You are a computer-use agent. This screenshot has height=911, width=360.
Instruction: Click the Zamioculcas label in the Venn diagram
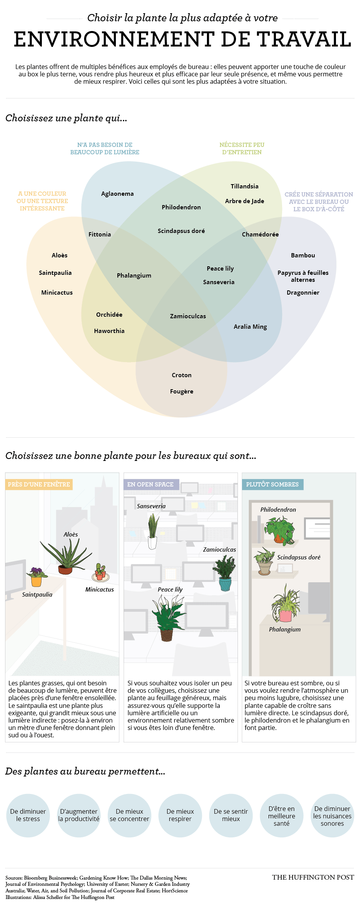(x=188, y=316)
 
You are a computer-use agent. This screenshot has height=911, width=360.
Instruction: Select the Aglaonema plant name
(x=117, y=194)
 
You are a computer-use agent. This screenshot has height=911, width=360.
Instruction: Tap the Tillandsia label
(x=245, y=186)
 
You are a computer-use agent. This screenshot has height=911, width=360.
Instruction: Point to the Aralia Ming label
(x=250, y=327)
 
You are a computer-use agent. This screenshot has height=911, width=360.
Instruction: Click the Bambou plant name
(x=303, y=255)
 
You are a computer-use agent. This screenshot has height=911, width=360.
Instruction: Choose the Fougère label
(x=182, y=392)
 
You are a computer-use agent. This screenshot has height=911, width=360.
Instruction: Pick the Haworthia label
(x=109, y=331)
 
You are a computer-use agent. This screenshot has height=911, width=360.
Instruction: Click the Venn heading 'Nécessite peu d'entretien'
(x=242, y=148)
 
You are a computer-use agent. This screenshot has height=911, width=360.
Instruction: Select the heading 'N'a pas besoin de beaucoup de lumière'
(x=105, y=148)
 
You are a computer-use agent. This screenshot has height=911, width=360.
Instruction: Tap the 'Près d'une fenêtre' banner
(x=39, y=485)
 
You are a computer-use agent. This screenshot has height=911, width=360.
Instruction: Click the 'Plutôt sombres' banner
(x=272, y=485)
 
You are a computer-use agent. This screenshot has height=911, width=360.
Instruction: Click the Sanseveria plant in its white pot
(x=153, y=531)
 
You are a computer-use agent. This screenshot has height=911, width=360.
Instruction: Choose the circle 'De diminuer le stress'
(x=28, y=815)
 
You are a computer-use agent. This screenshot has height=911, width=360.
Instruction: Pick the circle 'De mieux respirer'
(x=180, y=815)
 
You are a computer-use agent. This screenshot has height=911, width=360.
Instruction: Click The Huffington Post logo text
(x=313, y=877)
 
